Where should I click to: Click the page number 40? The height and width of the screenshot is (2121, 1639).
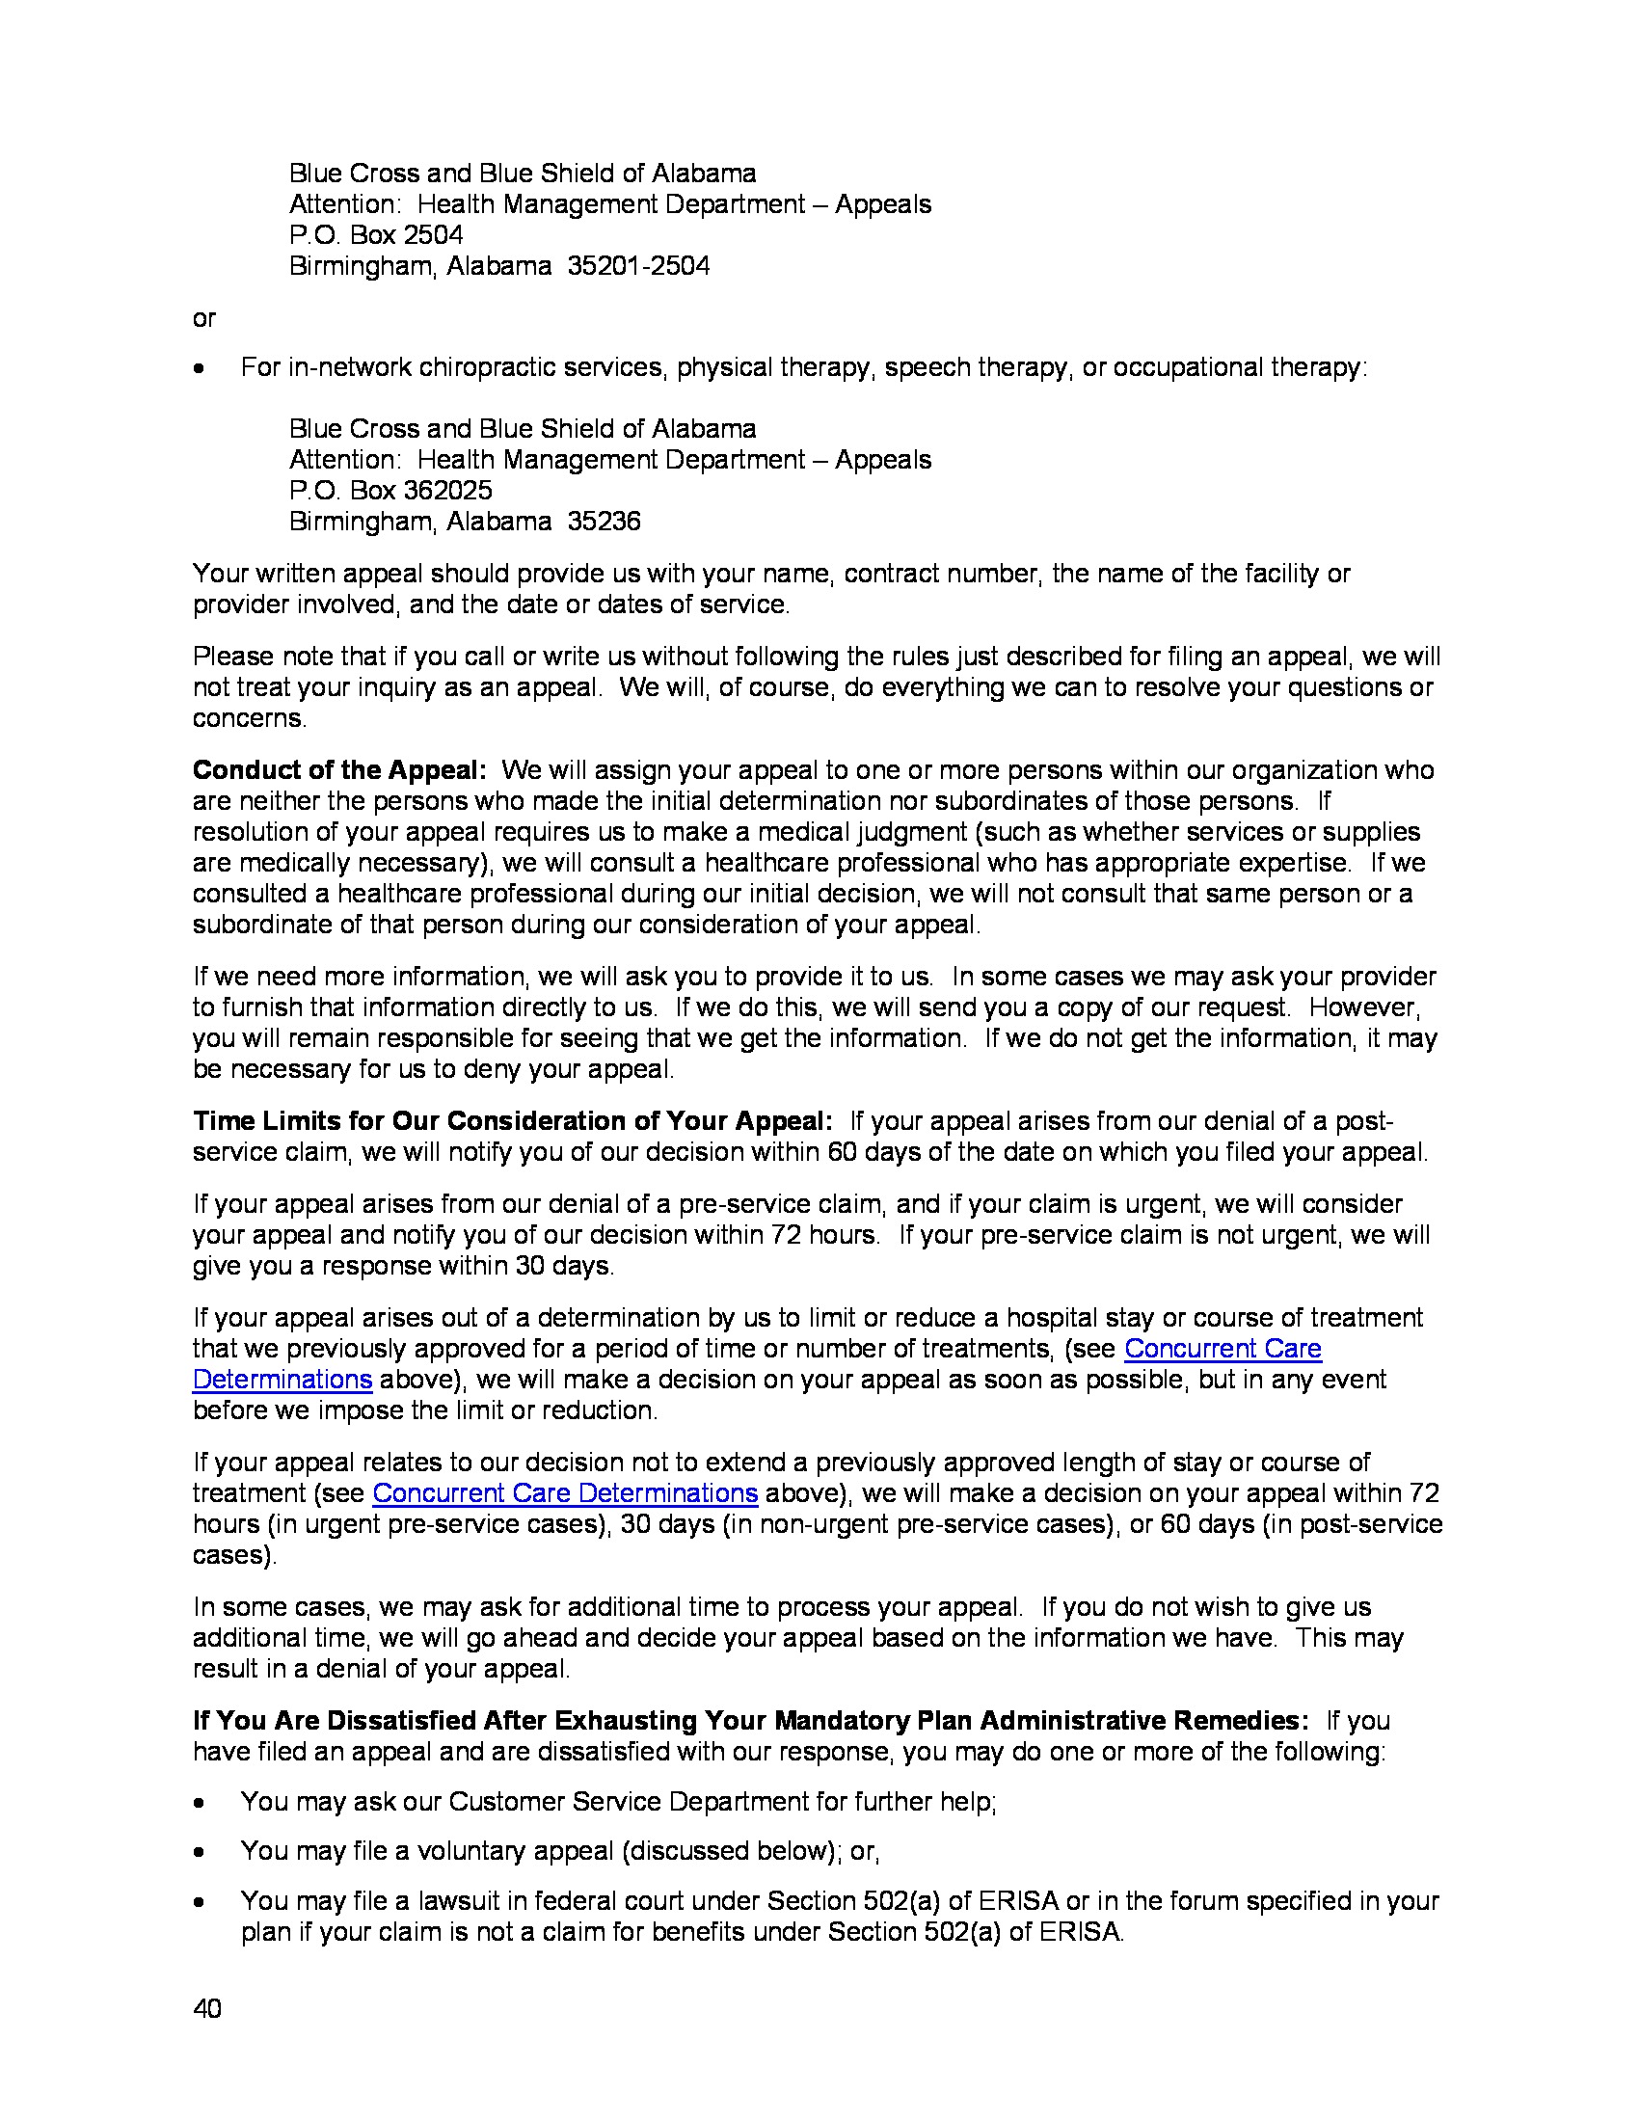point(207,2008)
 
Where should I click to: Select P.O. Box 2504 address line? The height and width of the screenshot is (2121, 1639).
point(376,235)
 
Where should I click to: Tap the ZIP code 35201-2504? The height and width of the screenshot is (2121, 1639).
point(638,266)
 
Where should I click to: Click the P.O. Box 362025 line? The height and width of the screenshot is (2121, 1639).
point(390,491)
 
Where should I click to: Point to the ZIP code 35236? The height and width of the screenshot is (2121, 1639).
point(604,522)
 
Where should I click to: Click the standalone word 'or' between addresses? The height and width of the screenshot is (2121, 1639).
point(203,318)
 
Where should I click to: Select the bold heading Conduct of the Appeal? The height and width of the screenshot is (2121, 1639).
point(338,770)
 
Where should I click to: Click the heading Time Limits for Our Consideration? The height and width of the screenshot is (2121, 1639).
point(512,1120)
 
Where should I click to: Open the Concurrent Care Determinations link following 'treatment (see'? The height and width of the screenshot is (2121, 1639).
point(564,1492)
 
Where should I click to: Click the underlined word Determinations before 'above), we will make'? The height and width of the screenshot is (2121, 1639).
point(282,1380)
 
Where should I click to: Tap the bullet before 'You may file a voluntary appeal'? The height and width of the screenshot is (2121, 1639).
point(199,1852)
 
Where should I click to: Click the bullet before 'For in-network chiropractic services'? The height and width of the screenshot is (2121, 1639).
point(199,368)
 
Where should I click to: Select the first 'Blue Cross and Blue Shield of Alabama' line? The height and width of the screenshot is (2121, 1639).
point(523,174)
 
